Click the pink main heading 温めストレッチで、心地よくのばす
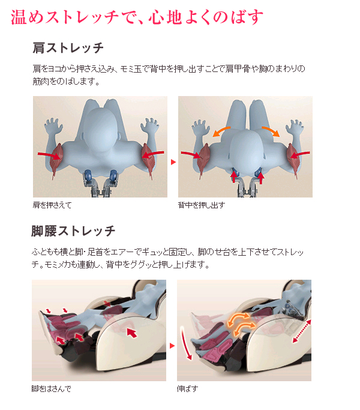(x=137, y=17)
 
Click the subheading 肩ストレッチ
(x=68, y=48)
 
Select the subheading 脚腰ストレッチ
(x=73, y=231)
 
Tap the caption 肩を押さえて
(x=52, y=205)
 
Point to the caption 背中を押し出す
(x=202, y=205)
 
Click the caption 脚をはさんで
(x=51, y=389)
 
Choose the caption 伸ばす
(x=187, y=389)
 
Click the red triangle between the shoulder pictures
(x=173, y=162)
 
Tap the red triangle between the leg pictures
(x=172, y=346)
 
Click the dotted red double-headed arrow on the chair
(x=302, y=331)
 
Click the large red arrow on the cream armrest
(x=132, y=333)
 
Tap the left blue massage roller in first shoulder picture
(x=88, y=174)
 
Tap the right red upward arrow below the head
(x=260, y=178)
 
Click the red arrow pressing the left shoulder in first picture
(x=49, y=155)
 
